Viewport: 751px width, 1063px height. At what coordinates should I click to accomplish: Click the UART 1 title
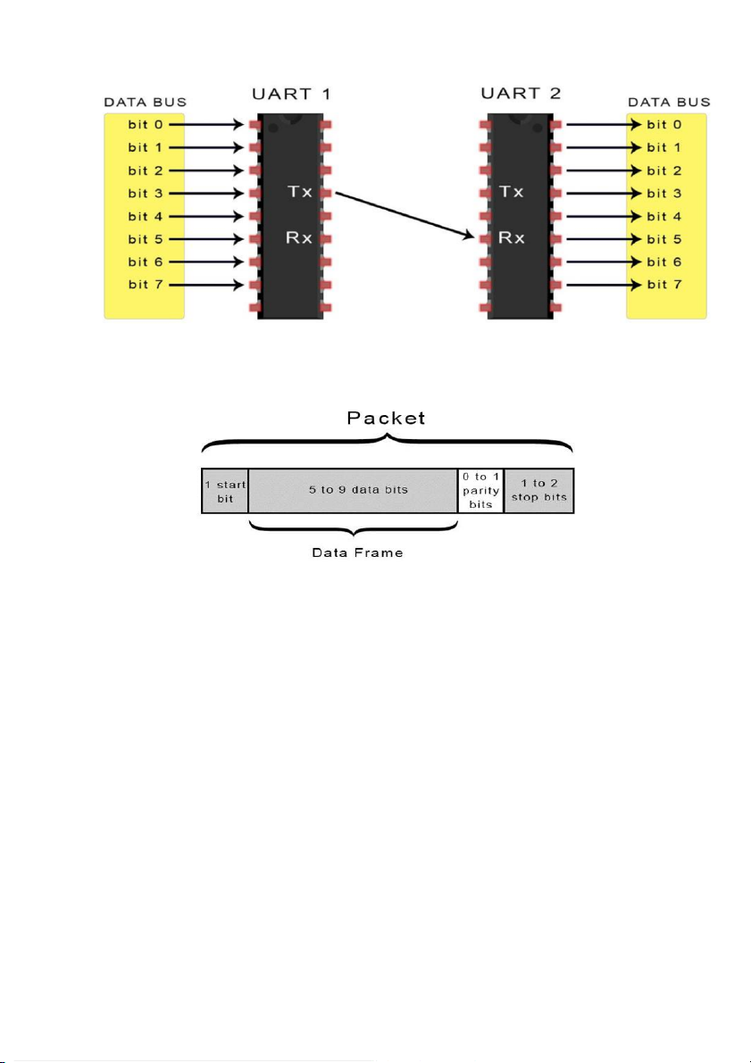tap(291, 94)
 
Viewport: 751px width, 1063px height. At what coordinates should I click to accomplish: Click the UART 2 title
tap(521, 93)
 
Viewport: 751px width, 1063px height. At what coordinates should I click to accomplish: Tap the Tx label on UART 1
tap(300, 192)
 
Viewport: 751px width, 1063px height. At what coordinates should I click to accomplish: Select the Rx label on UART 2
tap(511, 238)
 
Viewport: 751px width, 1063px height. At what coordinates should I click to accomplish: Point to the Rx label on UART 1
tap(299, 238)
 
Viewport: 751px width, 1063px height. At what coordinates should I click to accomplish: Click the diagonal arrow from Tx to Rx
tap(405, 215)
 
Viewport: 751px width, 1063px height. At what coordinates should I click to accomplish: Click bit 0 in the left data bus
tap(146, 125)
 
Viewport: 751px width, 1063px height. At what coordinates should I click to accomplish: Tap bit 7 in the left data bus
tap(146, 285)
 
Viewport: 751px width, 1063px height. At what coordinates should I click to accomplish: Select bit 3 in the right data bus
tap(664, 194)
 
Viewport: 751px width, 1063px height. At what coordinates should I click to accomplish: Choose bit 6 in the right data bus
tap(664, 262)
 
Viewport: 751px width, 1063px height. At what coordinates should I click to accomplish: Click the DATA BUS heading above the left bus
tap(146, 103)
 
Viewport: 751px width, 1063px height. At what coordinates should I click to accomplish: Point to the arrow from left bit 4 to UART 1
tap(205, 216)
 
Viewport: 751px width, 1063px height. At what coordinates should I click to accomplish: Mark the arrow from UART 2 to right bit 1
tap(603, 148)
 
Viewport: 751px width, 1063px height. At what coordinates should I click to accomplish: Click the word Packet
tap(386, 418)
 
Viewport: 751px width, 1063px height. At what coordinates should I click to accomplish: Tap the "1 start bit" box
tap(225, 491)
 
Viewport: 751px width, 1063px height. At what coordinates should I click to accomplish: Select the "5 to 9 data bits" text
tap(359, 489)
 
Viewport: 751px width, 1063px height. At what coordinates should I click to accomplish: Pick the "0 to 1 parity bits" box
tap(481, 491)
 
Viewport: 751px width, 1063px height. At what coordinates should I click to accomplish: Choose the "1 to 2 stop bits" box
tap(539, 491)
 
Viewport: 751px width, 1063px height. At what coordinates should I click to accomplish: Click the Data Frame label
tap(357, 553)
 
